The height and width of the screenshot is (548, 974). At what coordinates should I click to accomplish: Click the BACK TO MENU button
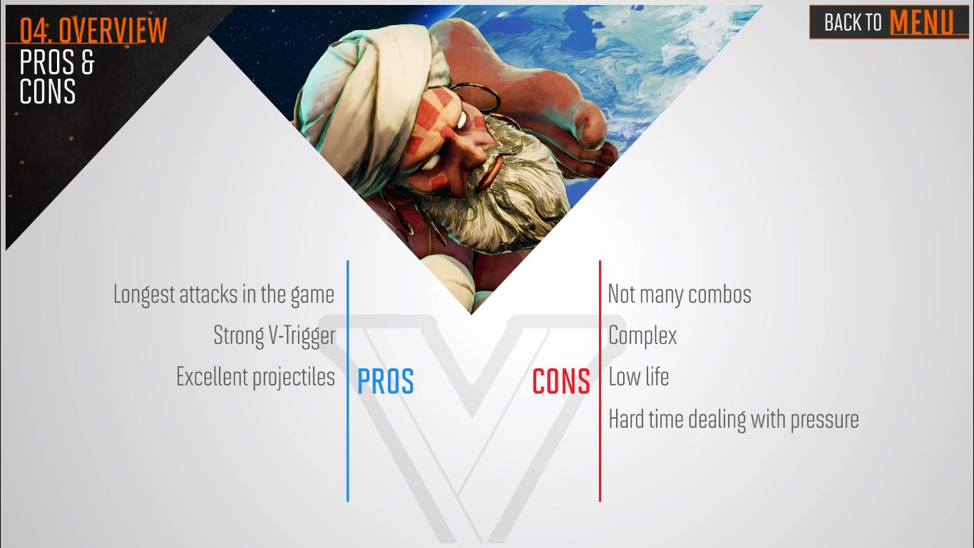(x=888, y=22)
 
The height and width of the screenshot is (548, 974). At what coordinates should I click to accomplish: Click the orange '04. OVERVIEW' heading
(x=93, y=30)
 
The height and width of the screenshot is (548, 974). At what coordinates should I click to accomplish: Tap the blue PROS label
(x=385, y=382)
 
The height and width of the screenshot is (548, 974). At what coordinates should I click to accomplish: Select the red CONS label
(x=561, y=382)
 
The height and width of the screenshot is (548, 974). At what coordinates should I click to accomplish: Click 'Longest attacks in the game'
(x=223, y=294)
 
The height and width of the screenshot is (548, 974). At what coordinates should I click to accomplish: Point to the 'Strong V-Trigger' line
(x=274, y=335)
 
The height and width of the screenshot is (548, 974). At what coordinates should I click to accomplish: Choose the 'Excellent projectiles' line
(x=255, y=377)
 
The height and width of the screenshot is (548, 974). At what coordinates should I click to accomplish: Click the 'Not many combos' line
(x=679, y=294)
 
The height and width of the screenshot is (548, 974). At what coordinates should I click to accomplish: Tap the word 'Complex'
(x=642, y=335)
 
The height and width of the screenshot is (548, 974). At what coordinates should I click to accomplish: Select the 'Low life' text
(x=638, y=377)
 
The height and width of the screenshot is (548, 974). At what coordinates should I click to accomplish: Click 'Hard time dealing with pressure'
(x=733, y=419)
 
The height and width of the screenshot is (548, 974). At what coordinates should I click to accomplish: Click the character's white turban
(x=357, y=71)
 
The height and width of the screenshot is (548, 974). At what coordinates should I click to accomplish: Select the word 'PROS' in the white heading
(x=48, y=63)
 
